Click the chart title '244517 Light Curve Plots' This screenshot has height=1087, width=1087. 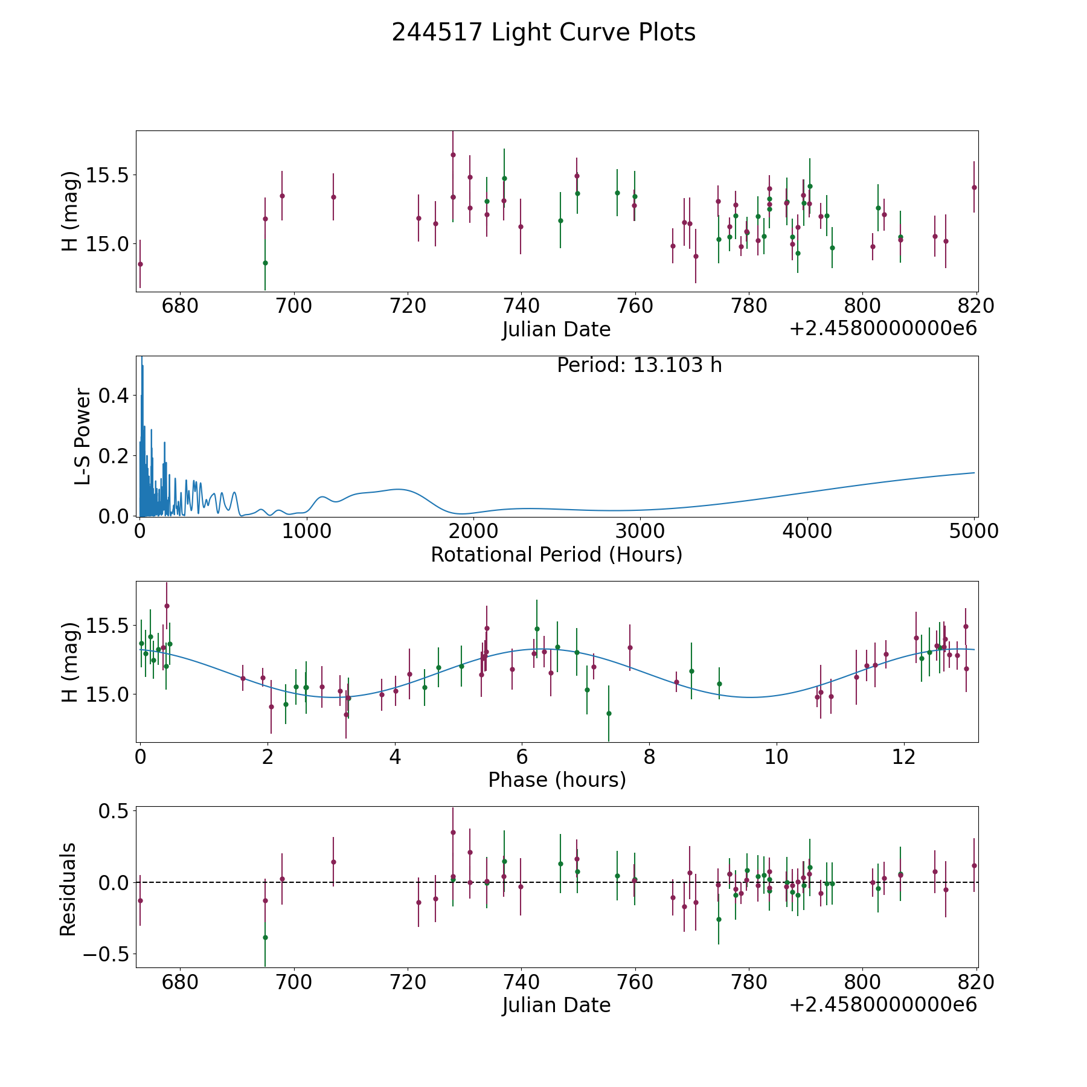click(543, 33)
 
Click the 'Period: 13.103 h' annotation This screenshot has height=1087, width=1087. click(640, 365)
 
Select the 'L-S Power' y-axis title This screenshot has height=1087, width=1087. click(83, 437)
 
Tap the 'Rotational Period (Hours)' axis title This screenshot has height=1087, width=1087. click(557, 554)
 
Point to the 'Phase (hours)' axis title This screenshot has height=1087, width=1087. click(557, 780)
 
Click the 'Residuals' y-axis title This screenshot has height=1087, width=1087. click(68, 889)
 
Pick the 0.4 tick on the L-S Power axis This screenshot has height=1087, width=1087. click(113, 396)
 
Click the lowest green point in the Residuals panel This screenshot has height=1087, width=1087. click(265, 937)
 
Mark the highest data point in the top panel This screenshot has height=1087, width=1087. click(453, 155)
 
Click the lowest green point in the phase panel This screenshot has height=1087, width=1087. click(609, 713)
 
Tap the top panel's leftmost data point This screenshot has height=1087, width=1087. click(140, 264)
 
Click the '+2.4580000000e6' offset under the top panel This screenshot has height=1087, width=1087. click(883, 329)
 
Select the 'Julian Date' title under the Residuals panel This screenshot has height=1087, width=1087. click(556, 1005)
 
